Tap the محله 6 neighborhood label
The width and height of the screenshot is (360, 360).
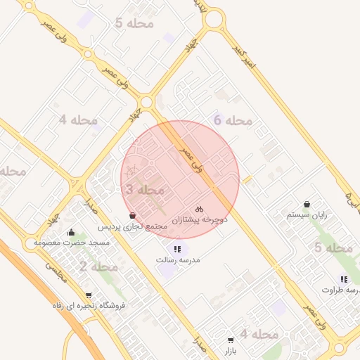233,121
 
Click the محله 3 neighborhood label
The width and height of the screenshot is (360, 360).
145,190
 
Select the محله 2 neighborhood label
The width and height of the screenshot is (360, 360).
98,266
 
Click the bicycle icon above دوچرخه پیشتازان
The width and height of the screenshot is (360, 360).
199,209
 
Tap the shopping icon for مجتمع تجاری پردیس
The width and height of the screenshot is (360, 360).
133,215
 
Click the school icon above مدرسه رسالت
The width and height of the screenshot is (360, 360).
177,248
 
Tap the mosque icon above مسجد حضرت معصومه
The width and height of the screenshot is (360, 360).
70,232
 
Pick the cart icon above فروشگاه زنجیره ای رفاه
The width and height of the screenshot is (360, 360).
88,295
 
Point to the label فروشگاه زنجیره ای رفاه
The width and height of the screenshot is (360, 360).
89,306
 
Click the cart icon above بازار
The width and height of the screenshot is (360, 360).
231,340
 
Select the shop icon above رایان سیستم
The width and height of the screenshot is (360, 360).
307,203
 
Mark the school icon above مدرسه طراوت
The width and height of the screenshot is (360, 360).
344,278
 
